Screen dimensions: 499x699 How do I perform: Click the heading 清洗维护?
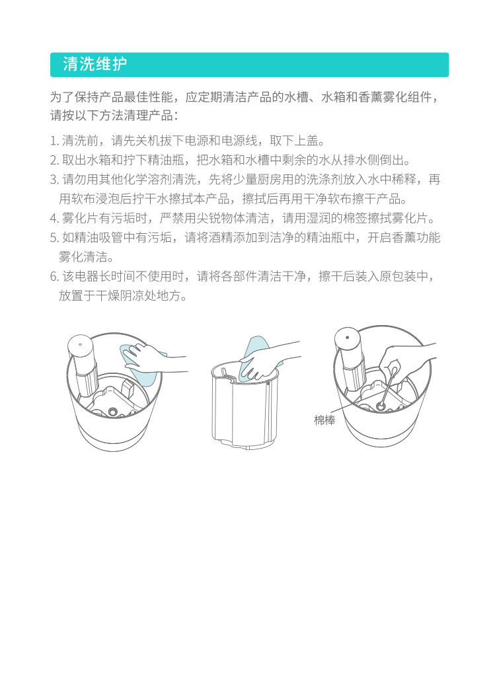coord(95,65)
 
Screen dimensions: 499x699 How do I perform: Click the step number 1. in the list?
coord(55,141)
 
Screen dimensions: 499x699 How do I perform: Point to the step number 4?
coord(55,219)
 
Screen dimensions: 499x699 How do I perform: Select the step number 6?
coord(55,276)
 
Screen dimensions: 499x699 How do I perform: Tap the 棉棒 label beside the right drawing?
coord(325,420)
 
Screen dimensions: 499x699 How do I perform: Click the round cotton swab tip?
coord(381,406)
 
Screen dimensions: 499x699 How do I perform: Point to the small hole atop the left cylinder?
coord(80,344)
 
